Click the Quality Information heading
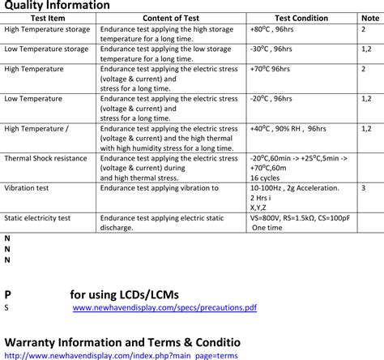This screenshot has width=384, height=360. (x=57, y=6)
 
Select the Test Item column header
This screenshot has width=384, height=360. (x=48, y=18)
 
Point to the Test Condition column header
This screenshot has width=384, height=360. (x=301, y=18)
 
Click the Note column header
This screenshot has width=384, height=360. (x=369, y=18)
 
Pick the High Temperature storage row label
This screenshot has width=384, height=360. (x=46, y=29)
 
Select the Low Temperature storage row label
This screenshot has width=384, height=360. (x=46, y=49)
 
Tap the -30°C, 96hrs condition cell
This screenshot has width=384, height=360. (x=271, y=49)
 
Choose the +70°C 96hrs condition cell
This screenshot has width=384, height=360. (x=271, y=69)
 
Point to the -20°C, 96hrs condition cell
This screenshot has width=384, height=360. (x=271, y=99)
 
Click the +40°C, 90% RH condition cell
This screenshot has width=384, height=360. (x=288, y=129)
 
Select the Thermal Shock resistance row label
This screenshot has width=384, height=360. (x=45, y=159)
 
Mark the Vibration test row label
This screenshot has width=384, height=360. (x=27, y=188)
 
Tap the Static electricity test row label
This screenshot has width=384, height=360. (x=37, y=218)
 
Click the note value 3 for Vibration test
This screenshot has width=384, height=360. (x=363, y=188)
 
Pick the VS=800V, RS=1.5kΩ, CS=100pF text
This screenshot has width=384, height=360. (x=300, y=218)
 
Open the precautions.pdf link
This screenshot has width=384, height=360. (x=164, y=308)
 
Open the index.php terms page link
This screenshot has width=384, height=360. (x=121, y=355)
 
